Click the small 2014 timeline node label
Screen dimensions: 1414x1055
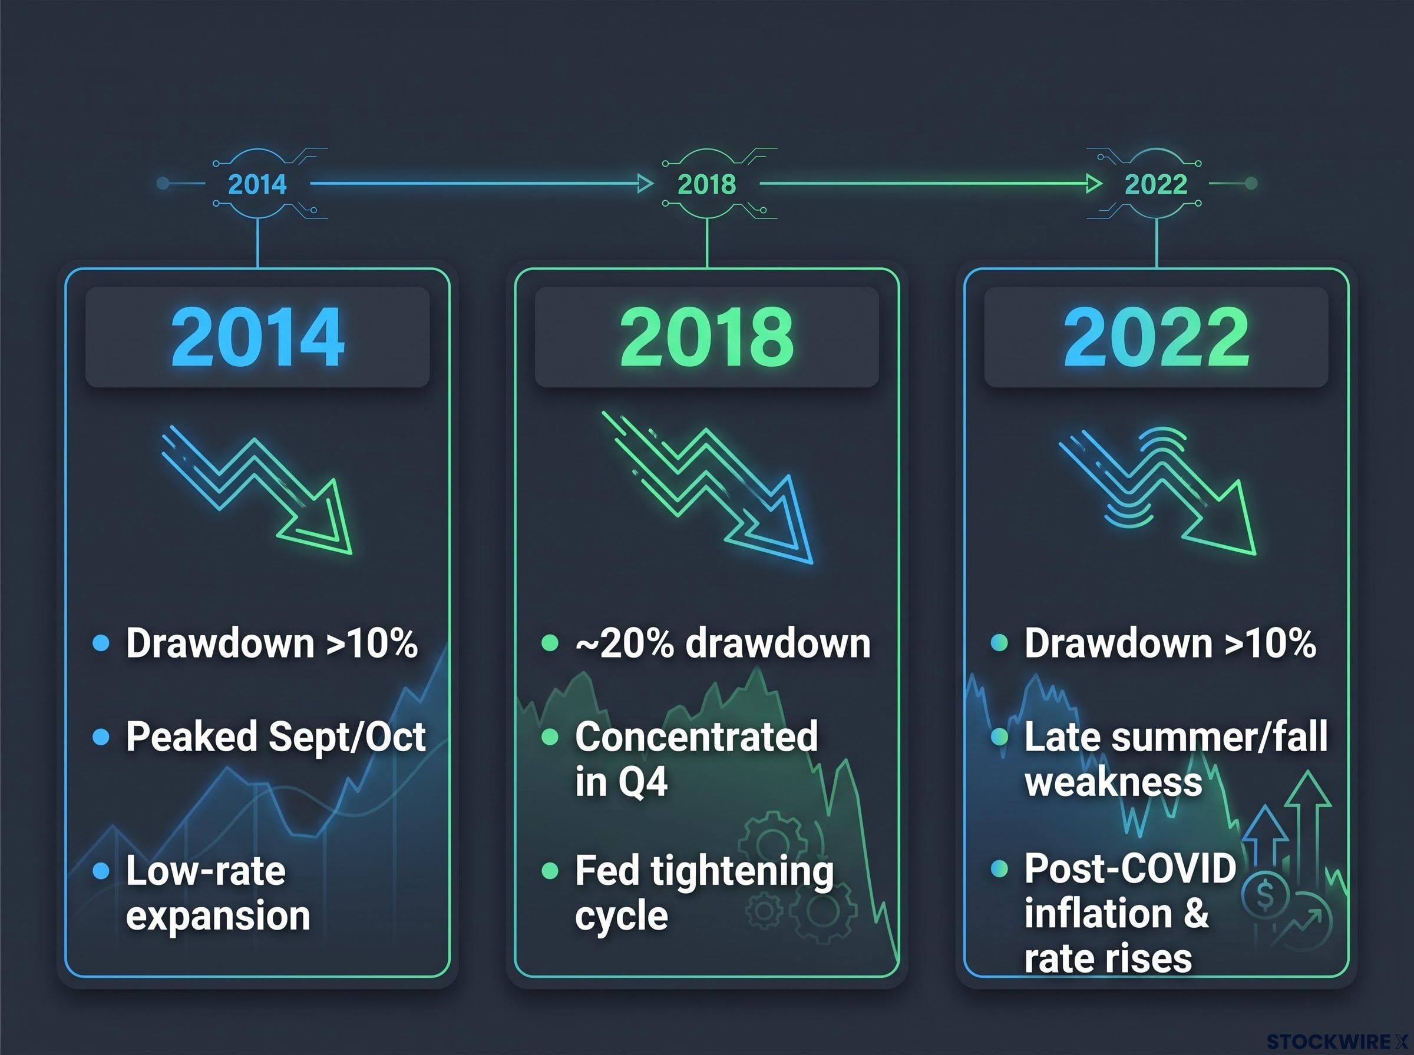(257, 184)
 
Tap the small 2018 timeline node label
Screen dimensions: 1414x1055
(706, 184)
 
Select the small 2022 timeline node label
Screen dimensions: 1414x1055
(1156, 184)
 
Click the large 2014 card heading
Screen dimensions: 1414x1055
(257, 337)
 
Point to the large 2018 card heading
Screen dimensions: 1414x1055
(706, 337)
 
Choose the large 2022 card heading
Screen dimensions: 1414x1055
(1156, 337)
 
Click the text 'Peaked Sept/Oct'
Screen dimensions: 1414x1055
(275, 738)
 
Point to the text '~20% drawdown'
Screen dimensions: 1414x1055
(723, 643)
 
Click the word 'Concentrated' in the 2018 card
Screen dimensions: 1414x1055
(696, 736)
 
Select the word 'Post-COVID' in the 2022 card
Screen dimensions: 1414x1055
(1130, 868)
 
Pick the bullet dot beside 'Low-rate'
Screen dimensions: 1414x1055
(101, 871)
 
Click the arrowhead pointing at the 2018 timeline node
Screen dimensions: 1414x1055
(646, 184)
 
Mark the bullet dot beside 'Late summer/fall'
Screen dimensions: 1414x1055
(999, 738)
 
